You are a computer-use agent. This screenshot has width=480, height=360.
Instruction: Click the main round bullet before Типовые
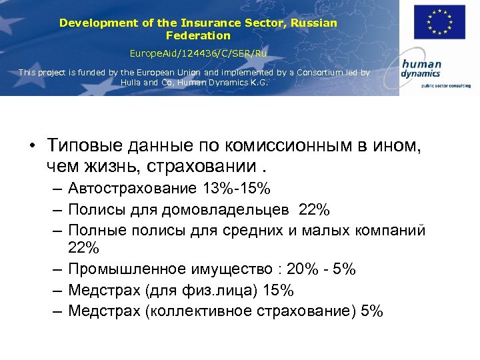32,146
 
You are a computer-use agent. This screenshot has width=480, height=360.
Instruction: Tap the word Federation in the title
198,35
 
